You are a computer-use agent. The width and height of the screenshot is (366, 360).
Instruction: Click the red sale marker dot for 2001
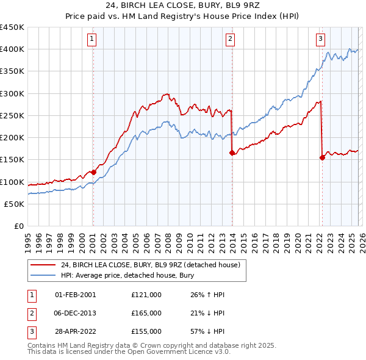[93, 172]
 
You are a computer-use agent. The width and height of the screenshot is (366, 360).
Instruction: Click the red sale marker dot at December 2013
[232, 153]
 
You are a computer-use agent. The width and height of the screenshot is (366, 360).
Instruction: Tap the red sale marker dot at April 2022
[322, 157]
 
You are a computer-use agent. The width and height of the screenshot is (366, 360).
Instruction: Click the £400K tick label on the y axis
[12, 49]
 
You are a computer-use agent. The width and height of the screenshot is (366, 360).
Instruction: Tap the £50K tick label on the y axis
[14, 204]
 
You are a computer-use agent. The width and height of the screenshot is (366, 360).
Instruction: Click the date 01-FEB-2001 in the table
[75, 295]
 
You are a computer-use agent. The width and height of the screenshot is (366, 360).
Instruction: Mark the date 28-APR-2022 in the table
[75, 331]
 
